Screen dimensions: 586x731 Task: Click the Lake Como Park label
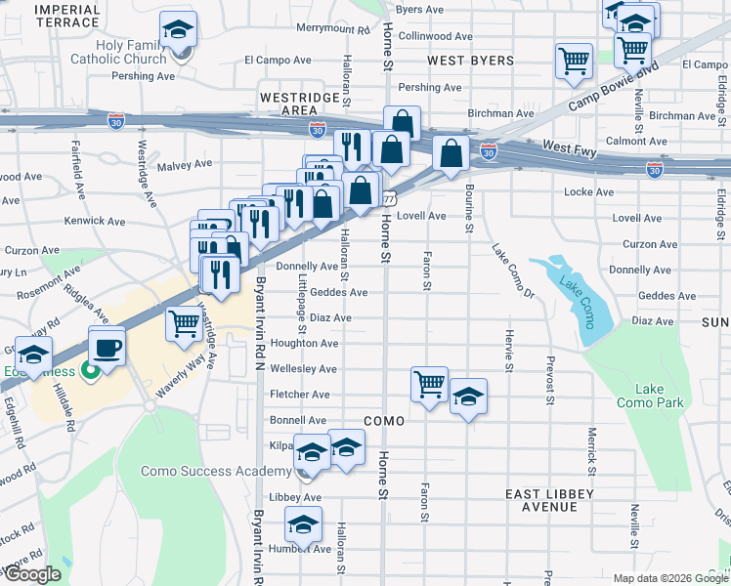[650, 396]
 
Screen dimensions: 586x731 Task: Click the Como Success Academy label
[215, 471]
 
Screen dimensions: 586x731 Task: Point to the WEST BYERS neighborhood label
[457, 61]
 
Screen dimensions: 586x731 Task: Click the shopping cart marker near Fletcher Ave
[430, 385]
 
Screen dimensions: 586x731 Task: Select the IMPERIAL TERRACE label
[66, 15]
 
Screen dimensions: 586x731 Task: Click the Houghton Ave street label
[304, 344]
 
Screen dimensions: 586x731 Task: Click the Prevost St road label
[548, 375]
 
